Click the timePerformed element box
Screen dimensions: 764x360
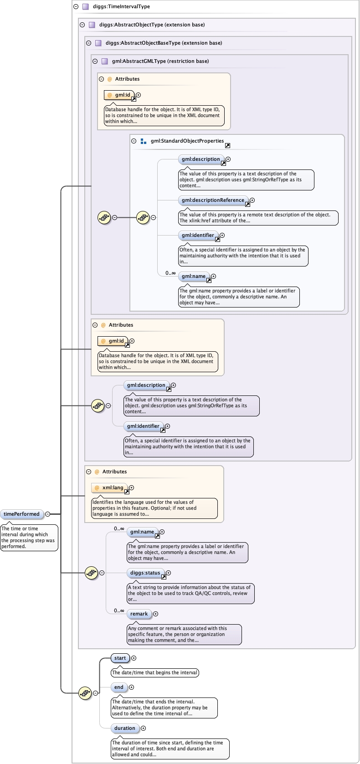(21, 514)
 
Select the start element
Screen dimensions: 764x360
(120, 658)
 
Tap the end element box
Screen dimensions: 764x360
(119, 687)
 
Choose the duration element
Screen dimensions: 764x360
(125, 728)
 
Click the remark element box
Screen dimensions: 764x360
(139, 614)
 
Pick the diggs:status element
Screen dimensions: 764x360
(145, 573)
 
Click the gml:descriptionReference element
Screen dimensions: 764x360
(213, 200)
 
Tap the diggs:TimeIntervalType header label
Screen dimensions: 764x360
(121, 6)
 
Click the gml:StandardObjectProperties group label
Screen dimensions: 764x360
(187, 141)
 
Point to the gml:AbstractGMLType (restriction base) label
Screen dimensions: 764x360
(160, 61)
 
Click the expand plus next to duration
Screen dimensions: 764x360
(143, 728)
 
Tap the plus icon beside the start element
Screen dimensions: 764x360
(134, 658)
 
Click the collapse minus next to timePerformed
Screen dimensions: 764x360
(47, 514)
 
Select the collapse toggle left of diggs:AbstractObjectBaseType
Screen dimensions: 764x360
(89, 43)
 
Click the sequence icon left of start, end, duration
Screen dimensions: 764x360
(85, 693)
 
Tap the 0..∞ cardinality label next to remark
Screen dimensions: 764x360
(119, 610)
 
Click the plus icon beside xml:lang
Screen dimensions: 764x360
(131, 487)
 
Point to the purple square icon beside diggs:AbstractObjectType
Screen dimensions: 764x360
(92, 25)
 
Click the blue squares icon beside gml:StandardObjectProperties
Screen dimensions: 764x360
(144, 141)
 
